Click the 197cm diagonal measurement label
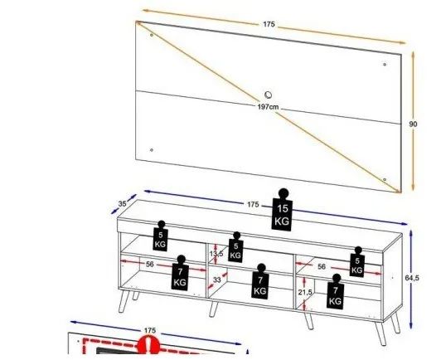tap(268, 106)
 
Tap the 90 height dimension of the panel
tap(413, 124)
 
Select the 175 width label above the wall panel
tap(269, 25)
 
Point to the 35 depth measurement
tap(122, 202)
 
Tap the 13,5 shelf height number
tap(217, 254)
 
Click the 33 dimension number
tap(217, 281)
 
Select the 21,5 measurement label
tap(305, 293)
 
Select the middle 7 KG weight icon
tap(260, 281)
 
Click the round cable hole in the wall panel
tap(269, 94)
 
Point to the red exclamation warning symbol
tap(149, 346)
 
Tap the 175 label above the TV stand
tap(253, 204)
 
